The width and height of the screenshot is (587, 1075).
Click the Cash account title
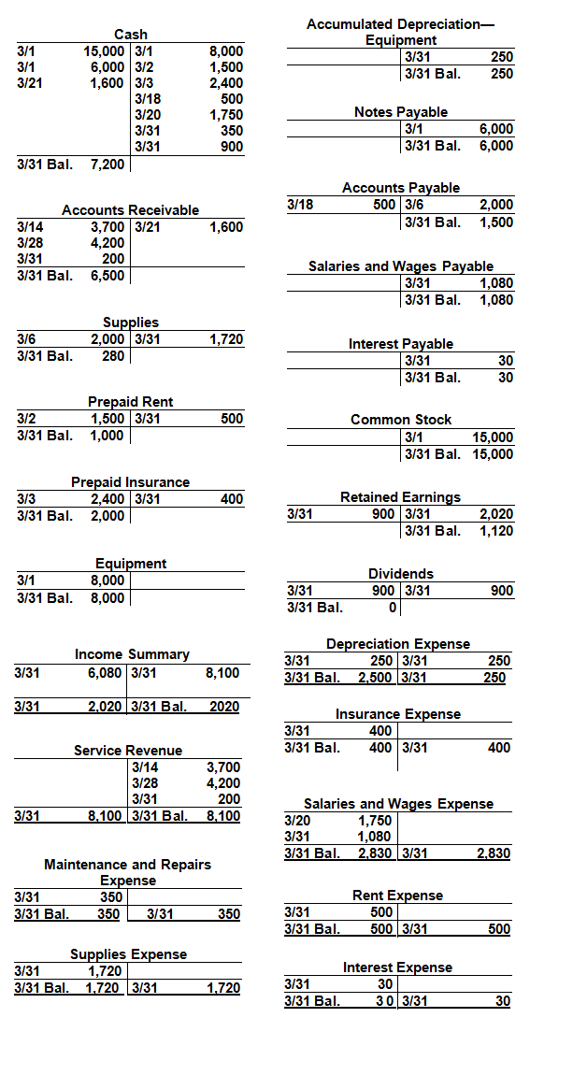[131, 35]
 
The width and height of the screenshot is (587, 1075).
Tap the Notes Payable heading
[401, 111]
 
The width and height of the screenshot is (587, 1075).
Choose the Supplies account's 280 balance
[113, 356]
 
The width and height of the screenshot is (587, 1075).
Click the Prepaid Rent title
[130, 401]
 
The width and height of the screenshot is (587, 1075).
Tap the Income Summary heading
[132, 654]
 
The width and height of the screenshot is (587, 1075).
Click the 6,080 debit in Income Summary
[107, 672]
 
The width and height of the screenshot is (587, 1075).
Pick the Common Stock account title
[401, 420]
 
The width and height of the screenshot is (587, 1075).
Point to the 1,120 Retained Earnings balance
[496, 531]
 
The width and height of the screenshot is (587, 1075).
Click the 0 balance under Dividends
[394, 608]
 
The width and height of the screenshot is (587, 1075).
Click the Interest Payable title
[401, 344]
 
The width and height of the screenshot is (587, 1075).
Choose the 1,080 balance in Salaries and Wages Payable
[496, 300]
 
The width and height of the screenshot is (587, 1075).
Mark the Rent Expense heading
[397, 896]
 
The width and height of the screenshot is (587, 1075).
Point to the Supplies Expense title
[129, 954]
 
